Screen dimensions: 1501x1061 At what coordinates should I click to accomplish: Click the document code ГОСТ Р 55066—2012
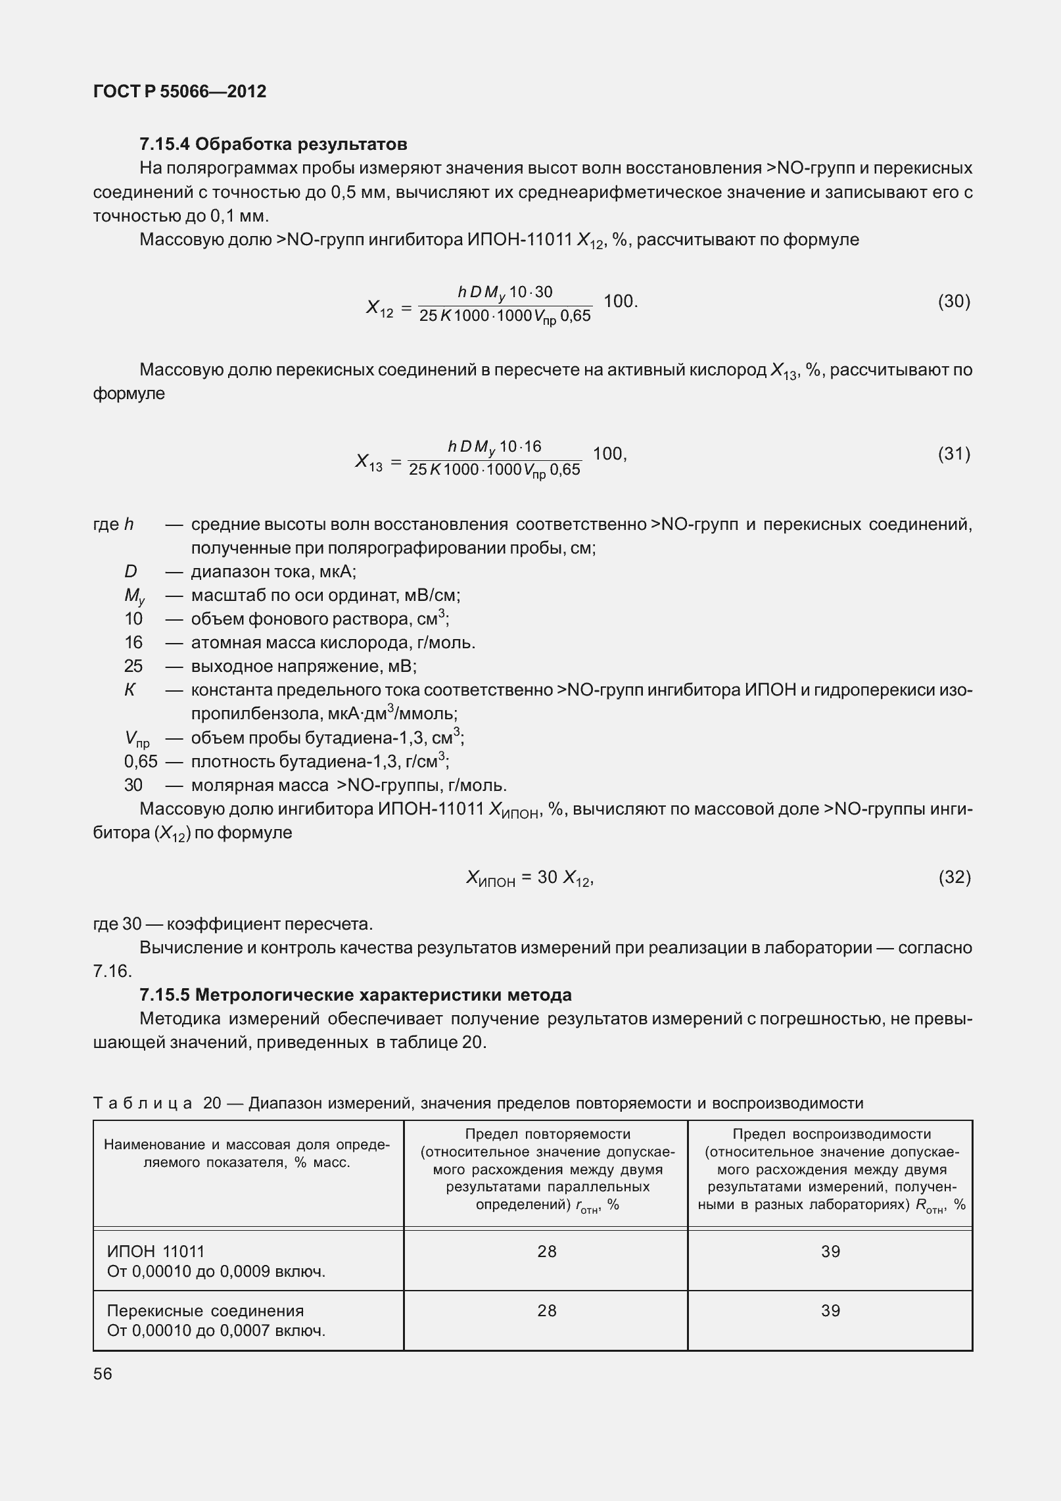tap(179, 91)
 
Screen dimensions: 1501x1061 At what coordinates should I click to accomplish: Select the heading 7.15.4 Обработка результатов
tap(273, 143)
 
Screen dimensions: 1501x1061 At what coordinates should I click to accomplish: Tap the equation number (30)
tap(954, 302)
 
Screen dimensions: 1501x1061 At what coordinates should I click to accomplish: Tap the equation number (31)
tap(954, 454)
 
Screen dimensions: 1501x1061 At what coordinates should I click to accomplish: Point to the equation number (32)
tap(954, 877)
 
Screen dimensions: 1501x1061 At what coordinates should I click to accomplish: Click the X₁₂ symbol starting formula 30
tap(379, 308)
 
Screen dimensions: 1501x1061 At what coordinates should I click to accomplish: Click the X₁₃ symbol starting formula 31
tap(369, 462)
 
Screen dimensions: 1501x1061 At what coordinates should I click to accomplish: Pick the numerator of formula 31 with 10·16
tap(494, 448)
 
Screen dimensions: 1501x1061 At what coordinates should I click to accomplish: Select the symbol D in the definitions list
tap(131, 571)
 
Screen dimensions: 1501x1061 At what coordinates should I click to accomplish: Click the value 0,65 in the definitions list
tap(141, 762)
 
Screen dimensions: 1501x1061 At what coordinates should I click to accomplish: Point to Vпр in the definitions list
tap(137, 739)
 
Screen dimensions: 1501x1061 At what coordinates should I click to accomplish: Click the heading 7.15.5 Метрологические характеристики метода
tap(355, 995)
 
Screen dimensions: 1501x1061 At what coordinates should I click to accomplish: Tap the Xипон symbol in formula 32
tap(490, 878)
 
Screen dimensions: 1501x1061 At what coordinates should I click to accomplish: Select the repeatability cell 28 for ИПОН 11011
tap(546, 1252)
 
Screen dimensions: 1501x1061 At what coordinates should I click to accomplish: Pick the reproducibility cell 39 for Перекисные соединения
tap(830, 1311)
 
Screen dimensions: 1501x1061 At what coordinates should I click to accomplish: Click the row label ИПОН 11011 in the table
tap(156, 1252)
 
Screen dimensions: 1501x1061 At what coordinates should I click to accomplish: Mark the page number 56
tap(103, 1374)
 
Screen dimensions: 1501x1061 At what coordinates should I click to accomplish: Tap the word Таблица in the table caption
tap(143, 1103)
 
